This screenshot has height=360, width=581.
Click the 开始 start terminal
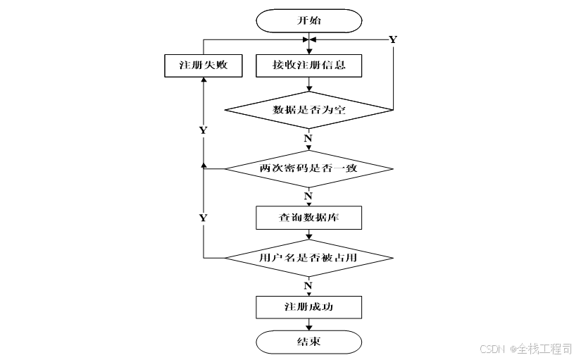click(308, 20)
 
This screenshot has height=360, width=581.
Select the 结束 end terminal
click(308, 342)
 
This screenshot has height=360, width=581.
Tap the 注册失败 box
click(204, 66)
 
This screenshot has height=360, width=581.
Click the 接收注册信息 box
click(308, 66)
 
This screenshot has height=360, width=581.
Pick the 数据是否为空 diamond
click(308, 110)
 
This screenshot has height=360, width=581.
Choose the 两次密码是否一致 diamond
click(308, 168)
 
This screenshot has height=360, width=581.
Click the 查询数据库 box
click(308, 218)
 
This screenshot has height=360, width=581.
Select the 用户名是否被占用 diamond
click(308, 258)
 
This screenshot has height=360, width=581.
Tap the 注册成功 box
click(308, 307)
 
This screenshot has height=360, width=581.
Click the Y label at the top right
click(393, 39)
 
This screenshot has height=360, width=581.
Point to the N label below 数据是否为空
click(308, 138)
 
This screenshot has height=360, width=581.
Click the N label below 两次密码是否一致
click(308, 196)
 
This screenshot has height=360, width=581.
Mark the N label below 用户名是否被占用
click(308, 286)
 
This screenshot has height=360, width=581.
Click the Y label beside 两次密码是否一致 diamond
click(203, 130)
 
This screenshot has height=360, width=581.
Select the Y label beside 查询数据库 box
click(203, 218)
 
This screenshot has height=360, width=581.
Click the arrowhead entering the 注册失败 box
click(204, 80)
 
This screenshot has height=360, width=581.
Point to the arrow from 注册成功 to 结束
click(308, 324)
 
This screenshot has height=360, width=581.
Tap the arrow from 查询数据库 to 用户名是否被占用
click(308, 235)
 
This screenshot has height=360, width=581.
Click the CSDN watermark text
click(492, 349)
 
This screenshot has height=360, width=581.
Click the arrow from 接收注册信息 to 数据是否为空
click(308, 84)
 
